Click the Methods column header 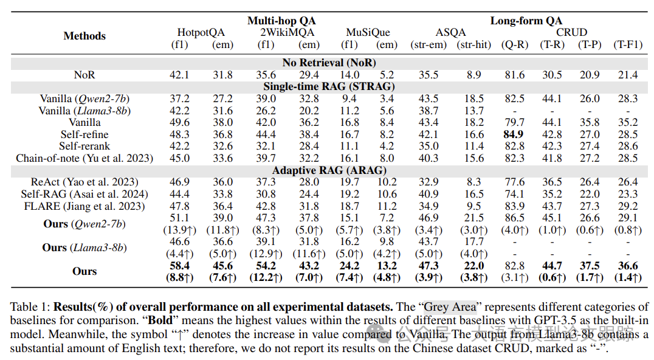(x=84, y=36)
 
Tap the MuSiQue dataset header (x=368, y=32)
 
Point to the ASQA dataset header (x=450, y=32)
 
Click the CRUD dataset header (x=571, y=32)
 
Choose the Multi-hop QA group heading (x=281, y=21)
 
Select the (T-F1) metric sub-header (x=628, y=44)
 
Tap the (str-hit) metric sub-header (x=474, y=44)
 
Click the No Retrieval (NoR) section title (x=329, y=63)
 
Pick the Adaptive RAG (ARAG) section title (x=329, y=170)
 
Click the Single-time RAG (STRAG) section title (x=329, y=86)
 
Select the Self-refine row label (x=84, y=134)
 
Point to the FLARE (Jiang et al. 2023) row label (x=84, y=206)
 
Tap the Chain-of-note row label (x=84, y=158)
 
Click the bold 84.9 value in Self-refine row (x=514, y=134)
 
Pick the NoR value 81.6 (x=514, y=75)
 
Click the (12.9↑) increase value (x=266, y=254)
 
